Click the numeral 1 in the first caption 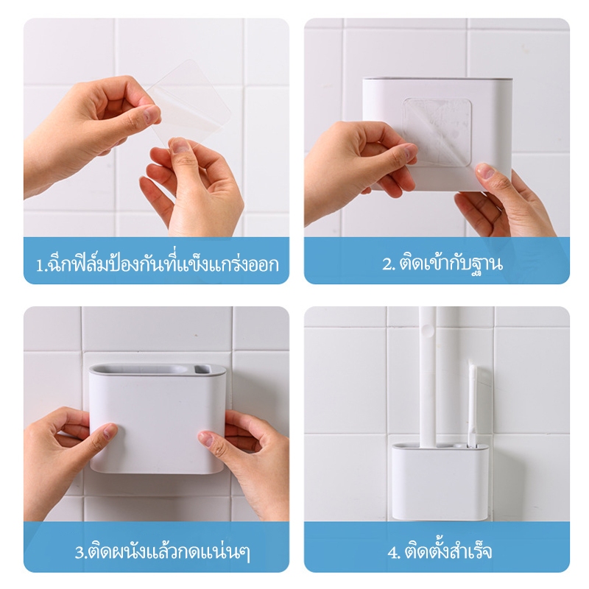pyautogui.click(x=39, y=265)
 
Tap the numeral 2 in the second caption pyautogui.click(x=387, y=264)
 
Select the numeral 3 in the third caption pyautogui.click(x=80, y=553)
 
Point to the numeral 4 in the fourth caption pyautogui.click(x=392, y=553)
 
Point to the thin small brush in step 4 pyautogui.click(x=472, y=403)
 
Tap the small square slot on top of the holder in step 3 pyautogui.click(x=201, y=370)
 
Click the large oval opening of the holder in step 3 pyautogui.click(x=142, y=370)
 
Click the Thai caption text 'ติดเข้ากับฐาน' pyautogui.click(x=451, y=264)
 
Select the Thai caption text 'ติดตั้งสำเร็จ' pyautogui.click(x=448, y=551)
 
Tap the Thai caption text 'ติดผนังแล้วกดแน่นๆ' pyautogui.click(x=168, y=552)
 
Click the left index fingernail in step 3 pyautogui.click(x=110, y=431)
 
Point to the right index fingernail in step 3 pyautogui.click(x=205, y=439)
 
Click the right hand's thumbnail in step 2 pyautogui.click(x=487, y=172)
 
